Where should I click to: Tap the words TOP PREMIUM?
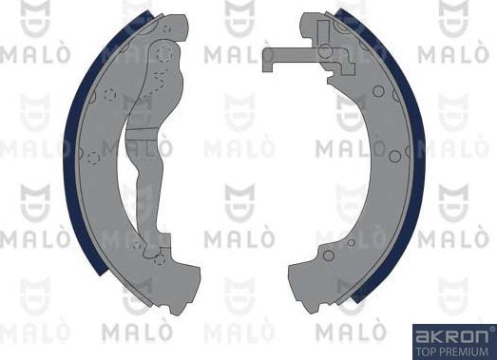tap(452, 350)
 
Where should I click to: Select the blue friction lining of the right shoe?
tap(415, 161)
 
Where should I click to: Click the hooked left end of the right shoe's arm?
tap(265, 60)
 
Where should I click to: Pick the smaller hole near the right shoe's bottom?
tap(352, 243)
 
